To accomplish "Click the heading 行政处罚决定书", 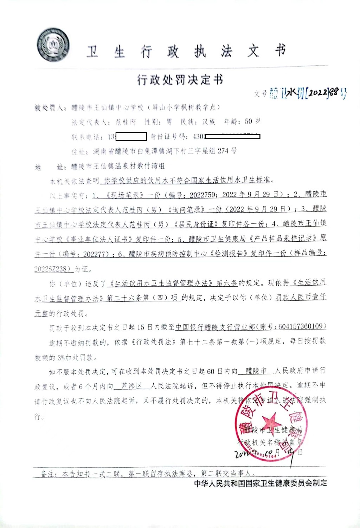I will click(x=180, y=80).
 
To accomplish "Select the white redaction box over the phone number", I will click(x=131, y=136).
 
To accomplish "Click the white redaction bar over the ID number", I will click(x=232, y=136).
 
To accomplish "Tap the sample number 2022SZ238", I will click(x=53, y=269).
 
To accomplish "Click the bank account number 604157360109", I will click(x=300, y=327).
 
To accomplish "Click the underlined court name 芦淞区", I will click(x=131, y=386).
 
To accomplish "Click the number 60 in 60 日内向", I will click(x=211, y=371).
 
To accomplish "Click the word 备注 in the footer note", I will click(x=48, y=474).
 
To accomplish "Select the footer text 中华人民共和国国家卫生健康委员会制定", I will click(x=261, y=483).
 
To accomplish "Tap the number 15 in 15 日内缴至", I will click(x=141, y=327).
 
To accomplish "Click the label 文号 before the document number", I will click(x=261, y=94).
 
